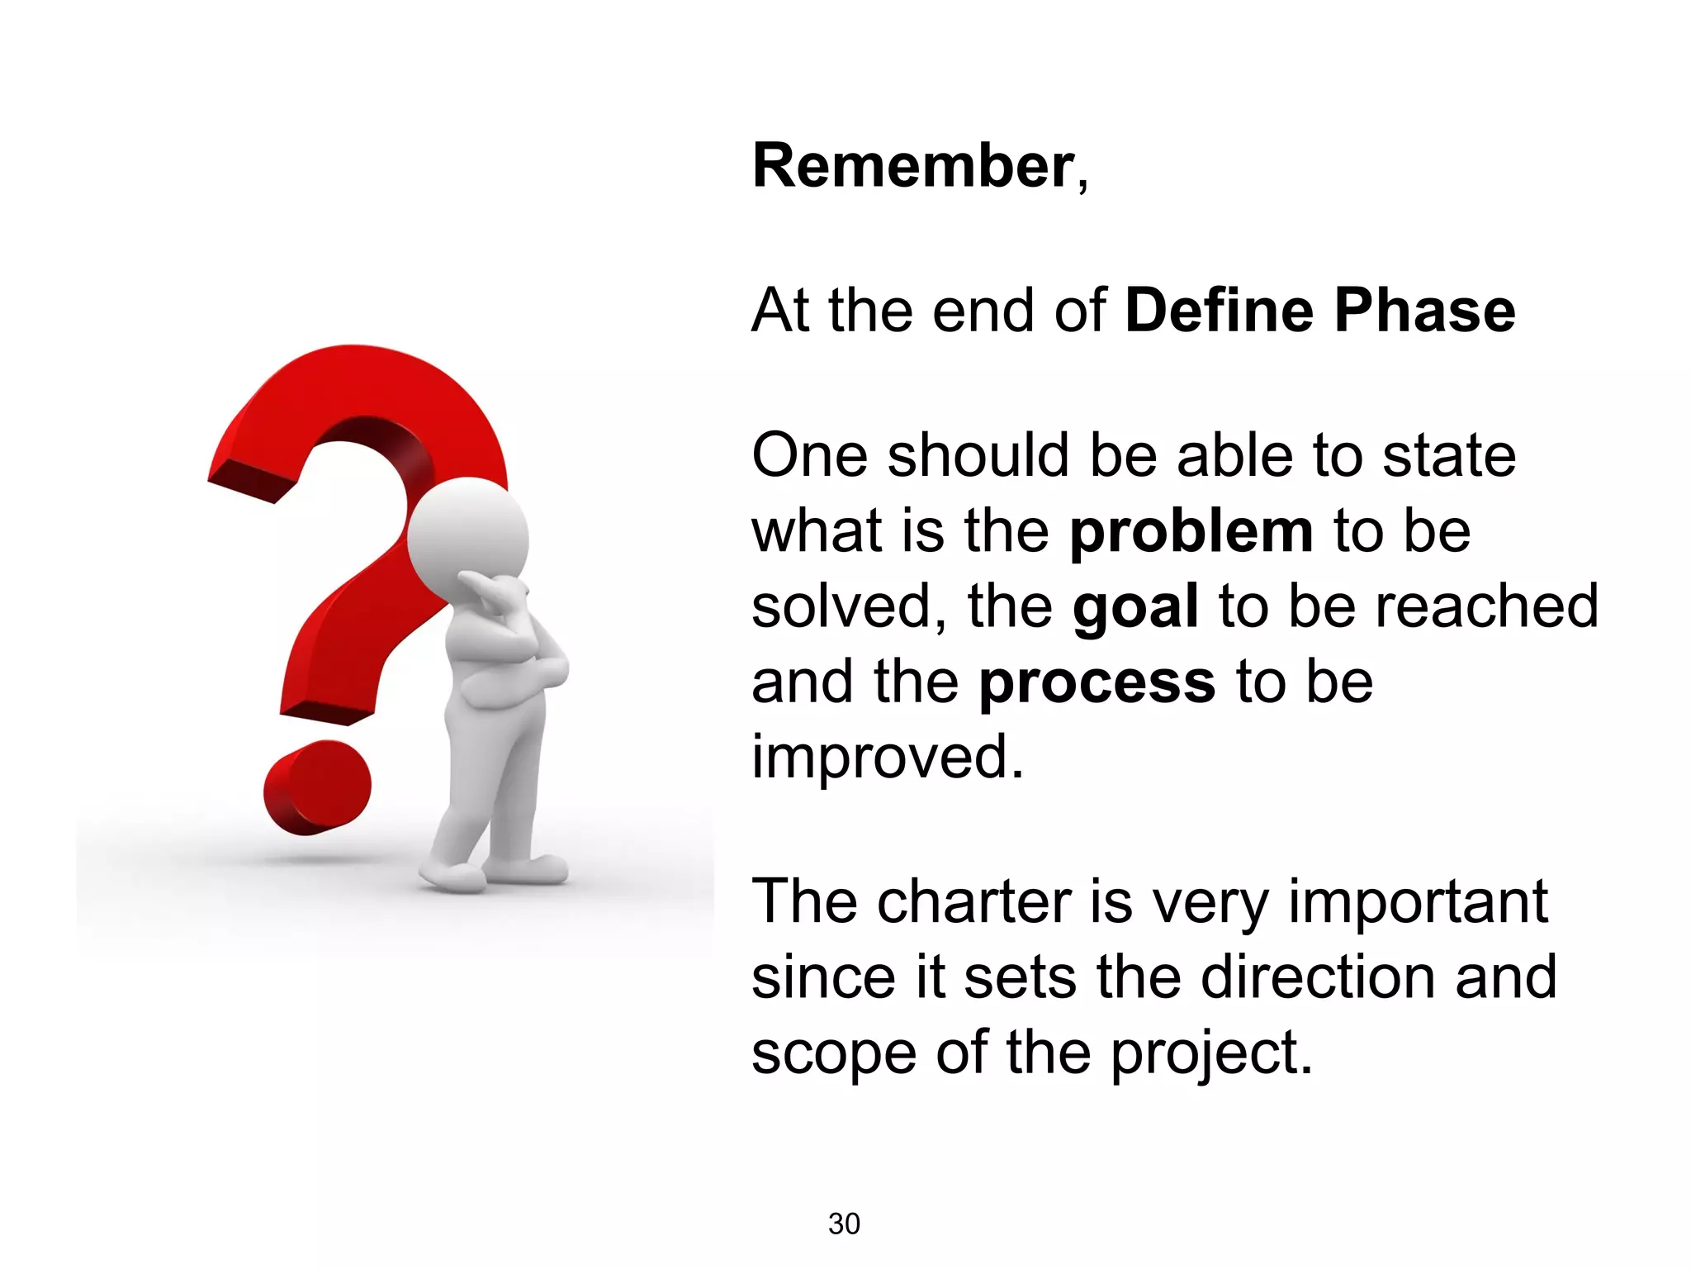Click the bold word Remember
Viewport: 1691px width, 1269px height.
pyautogui.click(x=912, y=167)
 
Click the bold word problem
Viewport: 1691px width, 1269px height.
pyautogui.click(x=1191, y=533)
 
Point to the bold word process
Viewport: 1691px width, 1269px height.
pyautogui.click(x=1097, y=684)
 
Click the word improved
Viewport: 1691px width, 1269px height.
pyautogui.click(x=887, y=758)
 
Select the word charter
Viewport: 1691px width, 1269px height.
pyautogui.click(x=974, y=902)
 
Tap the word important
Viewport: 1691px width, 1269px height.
pyautogui.click(x=1418, y=902)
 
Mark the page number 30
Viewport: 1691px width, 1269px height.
pyautogui.click(x=844, y=1224)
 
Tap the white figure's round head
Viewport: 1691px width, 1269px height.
pyautogui.click(x=468, y=536)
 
